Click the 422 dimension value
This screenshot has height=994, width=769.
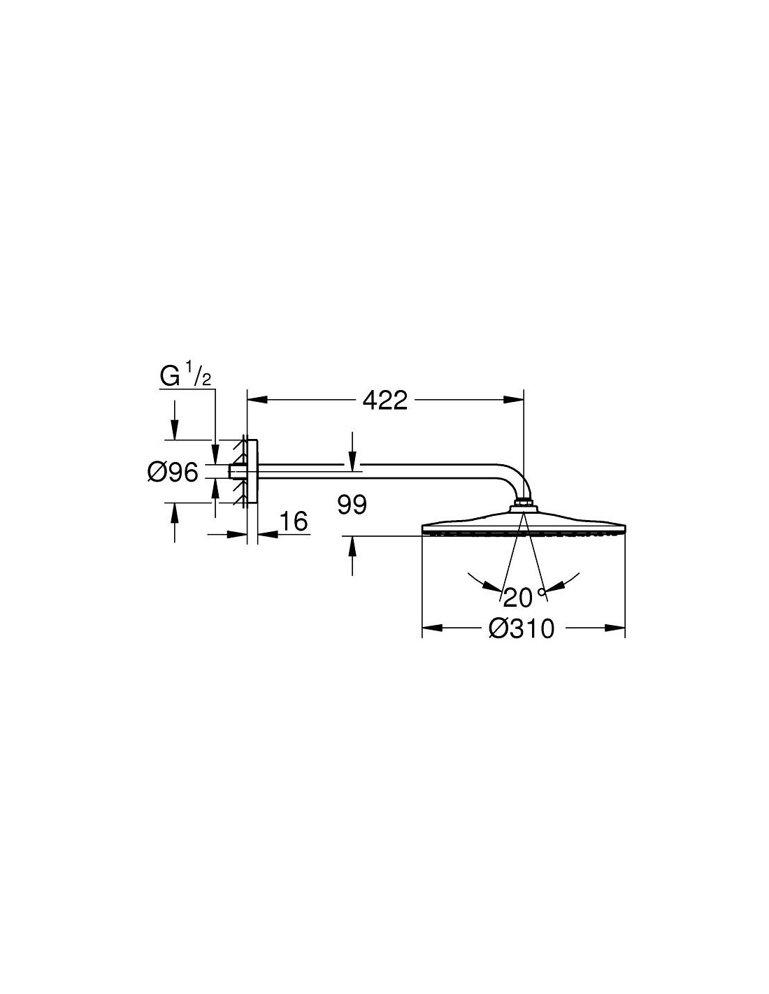[384, 401]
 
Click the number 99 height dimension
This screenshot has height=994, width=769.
[352, 505]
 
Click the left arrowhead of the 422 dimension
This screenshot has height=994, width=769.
[257, 400]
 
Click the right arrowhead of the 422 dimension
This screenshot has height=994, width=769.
[514, 400]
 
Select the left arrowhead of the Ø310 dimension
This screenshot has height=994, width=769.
[432, 628]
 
